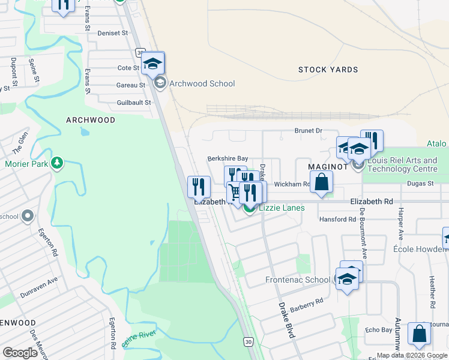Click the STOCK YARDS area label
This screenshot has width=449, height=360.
pos(328,70)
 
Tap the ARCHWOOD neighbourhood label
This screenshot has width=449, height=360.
pos(91,120)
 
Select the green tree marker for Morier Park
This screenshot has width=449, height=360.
pos(57,163)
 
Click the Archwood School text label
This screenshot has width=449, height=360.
pos(202,83)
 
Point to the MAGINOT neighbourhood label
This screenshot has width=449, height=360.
pos(328,166)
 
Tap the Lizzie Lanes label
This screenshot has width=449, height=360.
pos(282,208)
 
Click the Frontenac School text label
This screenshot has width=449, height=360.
pos(298,280)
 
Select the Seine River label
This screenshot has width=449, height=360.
pos(139,338)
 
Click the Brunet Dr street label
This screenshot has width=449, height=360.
pos(308,130)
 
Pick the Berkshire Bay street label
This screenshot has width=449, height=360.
pos(228,158)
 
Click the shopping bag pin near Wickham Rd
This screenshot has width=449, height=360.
pos(321,182)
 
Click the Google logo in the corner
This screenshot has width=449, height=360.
pos(20,352)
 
